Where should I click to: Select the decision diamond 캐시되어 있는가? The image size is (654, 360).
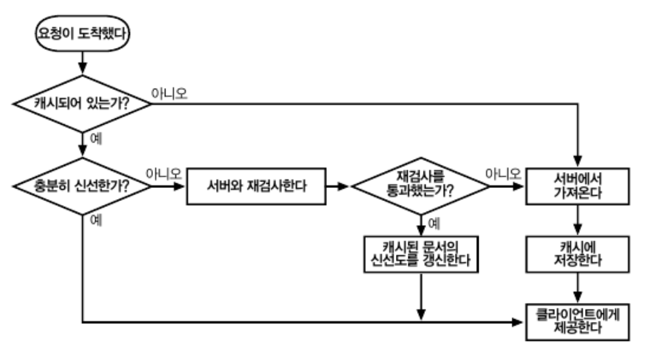pyautogui.click(x=82, y=104)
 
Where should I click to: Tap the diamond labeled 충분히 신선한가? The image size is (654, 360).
pyautogui.click(x=82, y=185)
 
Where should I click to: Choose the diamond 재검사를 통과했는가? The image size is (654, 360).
pyautogui.click(x=420, y=186)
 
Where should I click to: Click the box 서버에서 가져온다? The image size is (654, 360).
pyautogui.click(x=578, y=186)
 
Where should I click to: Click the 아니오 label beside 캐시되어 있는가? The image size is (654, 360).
pyautogui.click(x=169, y=93)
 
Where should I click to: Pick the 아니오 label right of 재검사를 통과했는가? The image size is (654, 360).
pyautogui.click(x=503, y=174)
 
